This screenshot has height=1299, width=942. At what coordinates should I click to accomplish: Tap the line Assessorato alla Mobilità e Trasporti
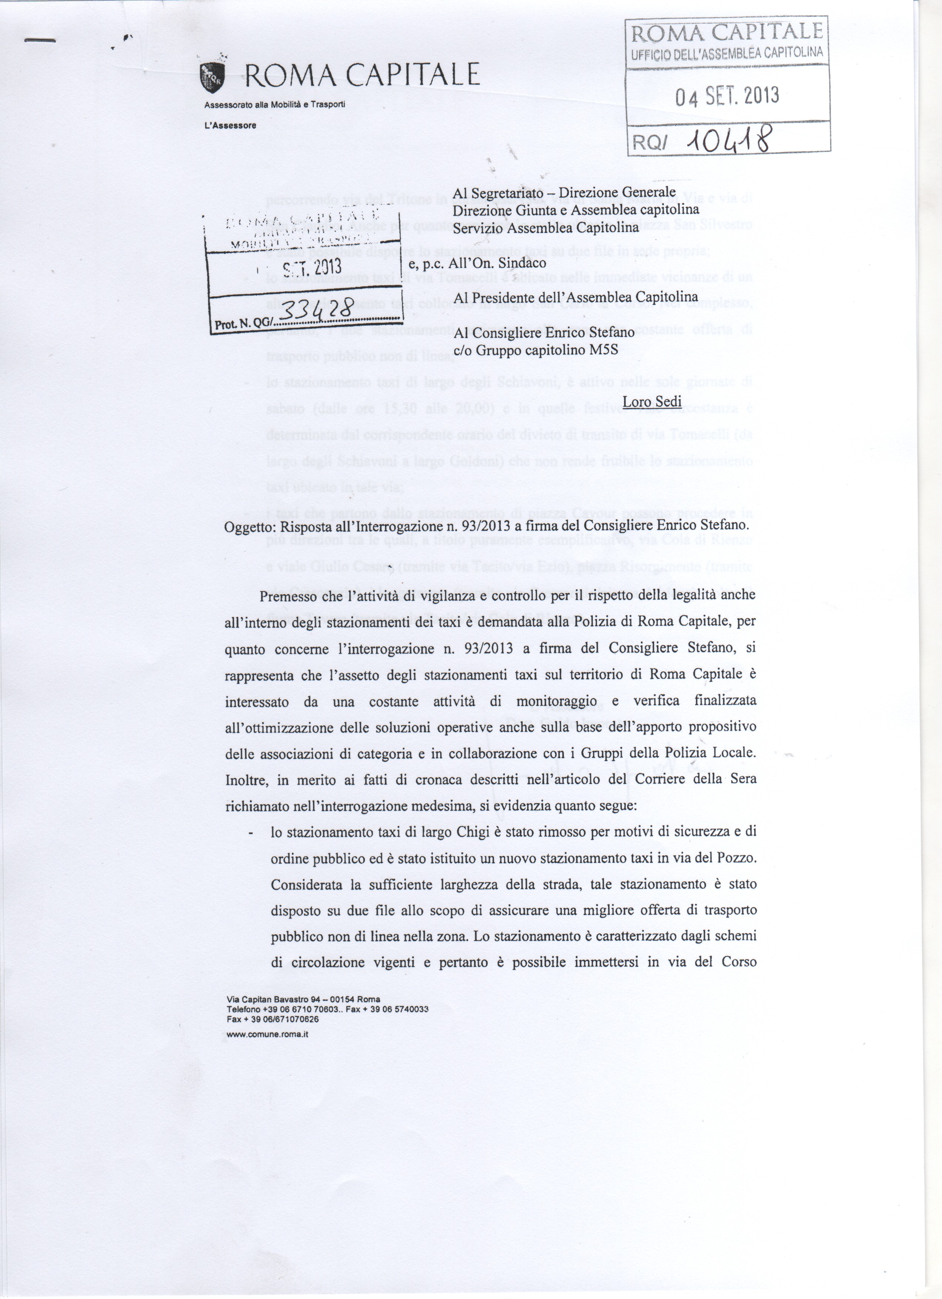tap(274, 105)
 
